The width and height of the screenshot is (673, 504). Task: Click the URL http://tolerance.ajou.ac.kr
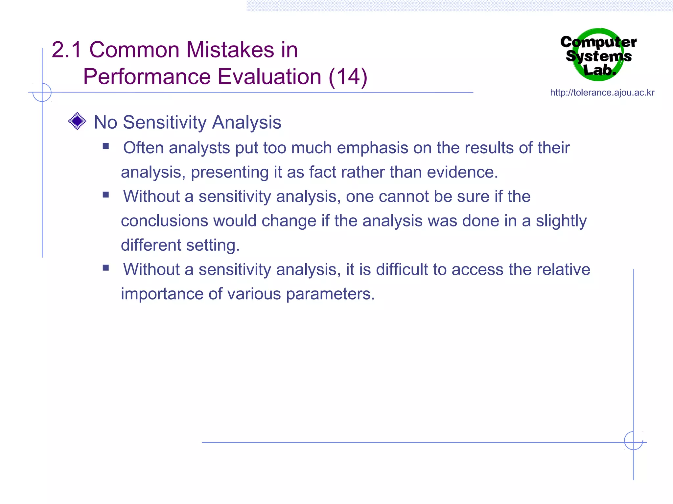(x=602, y=93)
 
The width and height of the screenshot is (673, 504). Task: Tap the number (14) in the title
(x=348, y=77)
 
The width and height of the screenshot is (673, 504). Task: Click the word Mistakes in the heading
(x=230, y=50)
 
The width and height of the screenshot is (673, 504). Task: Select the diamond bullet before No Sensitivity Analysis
(x=77, y=121)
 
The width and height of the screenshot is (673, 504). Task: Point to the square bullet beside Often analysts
(x=105, y=146)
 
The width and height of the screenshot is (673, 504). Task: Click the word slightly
(x=561, y=221)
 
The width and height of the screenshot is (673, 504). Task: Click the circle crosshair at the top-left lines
(x=42, y=92)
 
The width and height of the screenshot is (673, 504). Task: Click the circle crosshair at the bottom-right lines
(x=633, y=441)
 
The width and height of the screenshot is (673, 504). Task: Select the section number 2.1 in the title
(x=66, y=50)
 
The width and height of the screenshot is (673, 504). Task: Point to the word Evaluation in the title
(x=269, y=77)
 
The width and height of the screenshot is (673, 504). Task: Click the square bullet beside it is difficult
(x=105, y=268)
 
